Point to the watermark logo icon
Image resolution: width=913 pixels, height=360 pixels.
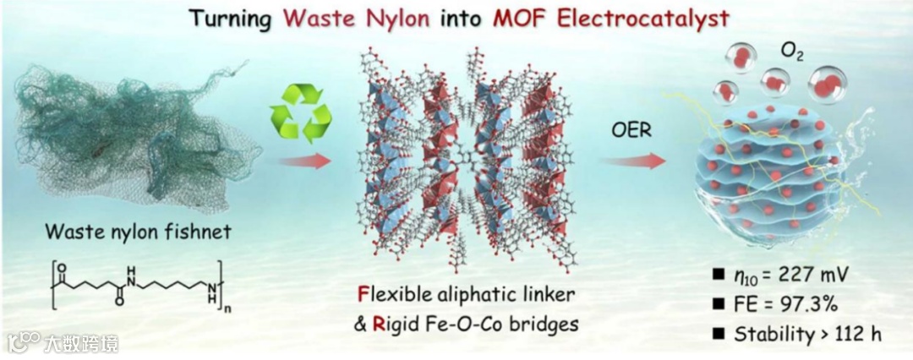[x=24, y=342]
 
